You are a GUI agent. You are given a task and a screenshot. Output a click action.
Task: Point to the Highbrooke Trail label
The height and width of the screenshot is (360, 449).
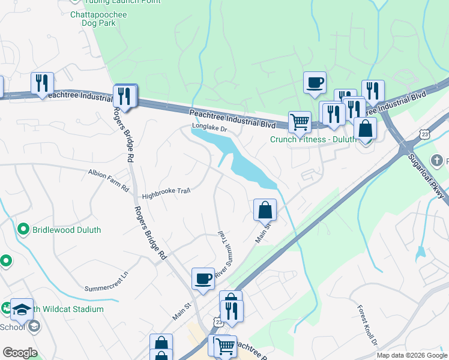166,191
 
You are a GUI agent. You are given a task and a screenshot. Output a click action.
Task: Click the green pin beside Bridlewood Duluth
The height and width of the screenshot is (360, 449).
23,229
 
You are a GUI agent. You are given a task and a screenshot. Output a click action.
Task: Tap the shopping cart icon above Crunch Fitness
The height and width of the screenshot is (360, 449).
300,122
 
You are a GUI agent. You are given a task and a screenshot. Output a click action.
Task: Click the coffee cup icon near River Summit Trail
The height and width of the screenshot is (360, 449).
203,279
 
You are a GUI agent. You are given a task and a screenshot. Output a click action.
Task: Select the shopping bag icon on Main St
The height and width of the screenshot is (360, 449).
265,210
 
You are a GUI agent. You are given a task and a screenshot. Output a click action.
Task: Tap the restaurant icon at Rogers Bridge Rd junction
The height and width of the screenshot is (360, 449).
124,95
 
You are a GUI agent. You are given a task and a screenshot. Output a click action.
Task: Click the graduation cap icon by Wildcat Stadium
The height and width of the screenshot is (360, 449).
22,309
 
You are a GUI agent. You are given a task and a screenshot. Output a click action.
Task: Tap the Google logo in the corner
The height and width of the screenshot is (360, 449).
19,353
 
